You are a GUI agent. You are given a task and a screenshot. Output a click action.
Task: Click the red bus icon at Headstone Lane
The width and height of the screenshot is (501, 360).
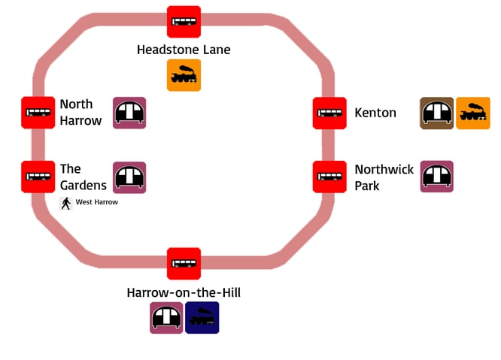click(x=184, y=22)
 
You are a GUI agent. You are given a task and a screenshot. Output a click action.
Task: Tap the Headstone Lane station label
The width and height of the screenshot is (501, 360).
click(x=184, y=50)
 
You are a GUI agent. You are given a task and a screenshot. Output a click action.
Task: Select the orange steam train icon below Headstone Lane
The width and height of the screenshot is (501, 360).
click(x=184, y=75)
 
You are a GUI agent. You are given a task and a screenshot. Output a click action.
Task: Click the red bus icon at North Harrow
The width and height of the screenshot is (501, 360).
click(x=38, y=113)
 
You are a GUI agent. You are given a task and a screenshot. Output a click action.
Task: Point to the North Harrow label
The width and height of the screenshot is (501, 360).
click(x=80, y=112)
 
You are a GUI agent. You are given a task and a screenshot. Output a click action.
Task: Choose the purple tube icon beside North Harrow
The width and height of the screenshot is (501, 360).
click(x=129, y=113)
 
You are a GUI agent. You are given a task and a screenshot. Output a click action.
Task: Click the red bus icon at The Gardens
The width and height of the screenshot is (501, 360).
click(x=38, y=177)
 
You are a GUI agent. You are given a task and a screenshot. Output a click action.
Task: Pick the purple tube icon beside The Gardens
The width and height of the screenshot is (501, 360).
click(x=129, y=177)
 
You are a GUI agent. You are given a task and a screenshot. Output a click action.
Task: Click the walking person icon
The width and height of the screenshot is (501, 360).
click(x=66, y=203)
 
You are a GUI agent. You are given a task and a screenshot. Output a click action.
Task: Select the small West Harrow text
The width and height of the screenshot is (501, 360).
click(x=97, y=202)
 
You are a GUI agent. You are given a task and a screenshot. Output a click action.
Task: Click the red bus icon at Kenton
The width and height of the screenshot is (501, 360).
click(x=329, y=113)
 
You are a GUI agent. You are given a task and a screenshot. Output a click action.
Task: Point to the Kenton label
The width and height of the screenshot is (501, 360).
click(x=375, y=113)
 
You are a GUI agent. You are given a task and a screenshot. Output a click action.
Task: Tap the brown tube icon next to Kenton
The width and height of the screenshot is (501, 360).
click(x=436, y=113)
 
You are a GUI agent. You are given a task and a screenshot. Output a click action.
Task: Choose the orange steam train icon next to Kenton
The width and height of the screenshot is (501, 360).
click(x=473, y=113)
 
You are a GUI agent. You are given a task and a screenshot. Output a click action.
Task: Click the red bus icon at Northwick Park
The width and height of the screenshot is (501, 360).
click(x=329, y=177)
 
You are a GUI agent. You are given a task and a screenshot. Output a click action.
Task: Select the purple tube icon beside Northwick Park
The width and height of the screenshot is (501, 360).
click(x=436, y=177)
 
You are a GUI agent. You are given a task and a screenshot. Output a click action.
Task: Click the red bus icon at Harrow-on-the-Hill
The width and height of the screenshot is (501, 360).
click(x=184, y=264)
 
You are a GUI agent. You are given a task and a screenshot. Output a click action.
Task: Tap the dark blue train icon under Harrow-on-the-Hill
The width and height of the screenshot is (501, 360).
click(x=202, y=318)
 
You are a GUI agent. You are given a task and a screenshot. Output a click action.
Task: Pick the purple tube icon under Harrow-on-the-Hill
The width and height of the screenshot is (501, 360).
click(x=166, y=318)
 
